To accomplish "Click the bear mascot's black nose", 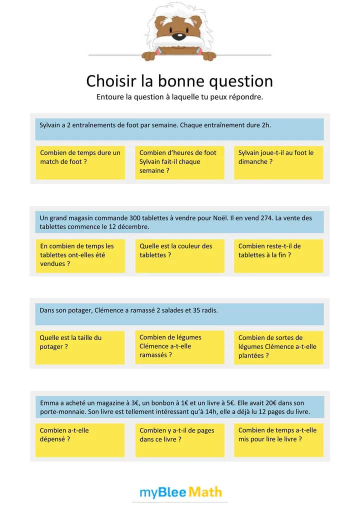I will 178,37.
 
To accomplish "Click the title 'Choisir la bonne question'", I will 179,81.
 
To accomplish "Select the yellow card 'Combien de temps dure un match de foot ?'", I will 80,162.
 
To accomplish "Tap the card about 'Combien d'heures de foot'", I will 179,162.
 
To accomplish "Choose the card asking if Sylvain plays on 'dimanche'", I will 278,162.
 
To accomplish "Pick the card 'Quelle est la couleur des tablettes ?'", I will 179,255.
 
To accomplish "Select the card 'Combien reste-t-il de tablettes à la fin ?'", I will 278,255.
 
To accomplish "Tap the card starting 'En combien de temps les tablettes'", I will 80,255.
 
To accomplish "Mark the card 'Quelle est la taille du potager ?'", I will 80,347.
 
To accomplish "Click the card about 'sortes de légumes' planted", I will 278,347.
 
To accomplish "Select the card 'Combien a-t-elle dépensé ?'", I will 80,440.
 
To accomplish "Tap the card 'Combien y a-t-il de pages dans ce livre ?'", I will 179,440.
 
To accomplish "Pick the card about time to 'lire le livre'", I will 278,440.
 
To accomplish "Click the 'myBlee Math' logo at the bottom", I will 180,492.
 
